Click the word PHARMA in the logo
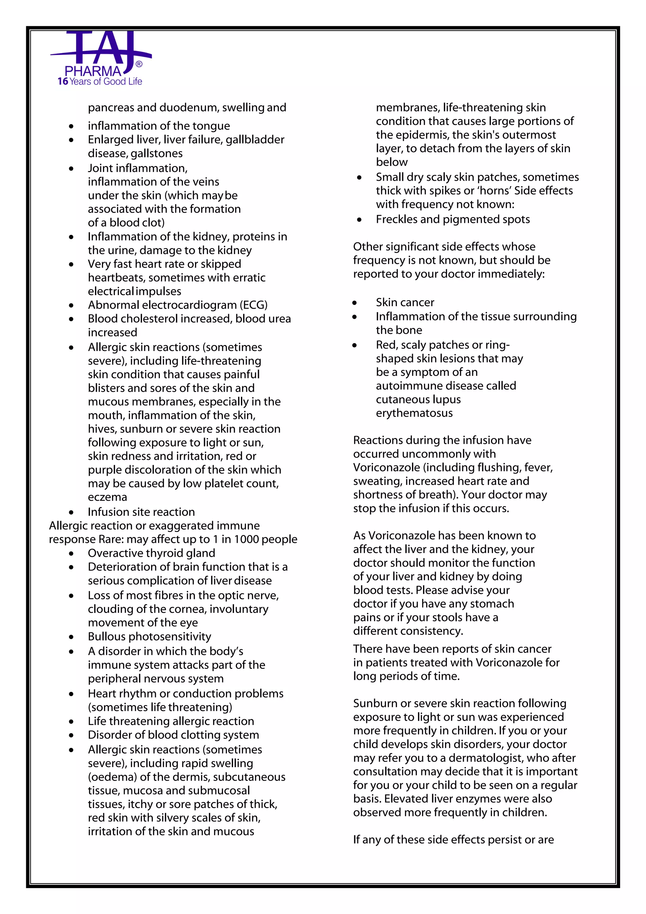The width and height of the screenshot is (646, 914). point(93,72)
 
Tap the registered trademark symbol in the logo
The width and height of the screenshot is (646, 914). point(139,64)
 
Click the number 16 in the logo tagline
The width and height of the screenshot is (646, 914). point(62,82)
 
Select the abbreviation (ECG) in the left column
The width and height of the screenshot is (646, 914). point(253,305)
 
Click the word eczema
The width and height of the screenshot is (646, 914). point(107,497)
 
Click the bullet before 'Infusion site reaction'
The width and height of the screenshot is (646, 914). point(71,512)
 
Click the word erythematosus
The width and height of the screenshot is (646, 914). point(414,413)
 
